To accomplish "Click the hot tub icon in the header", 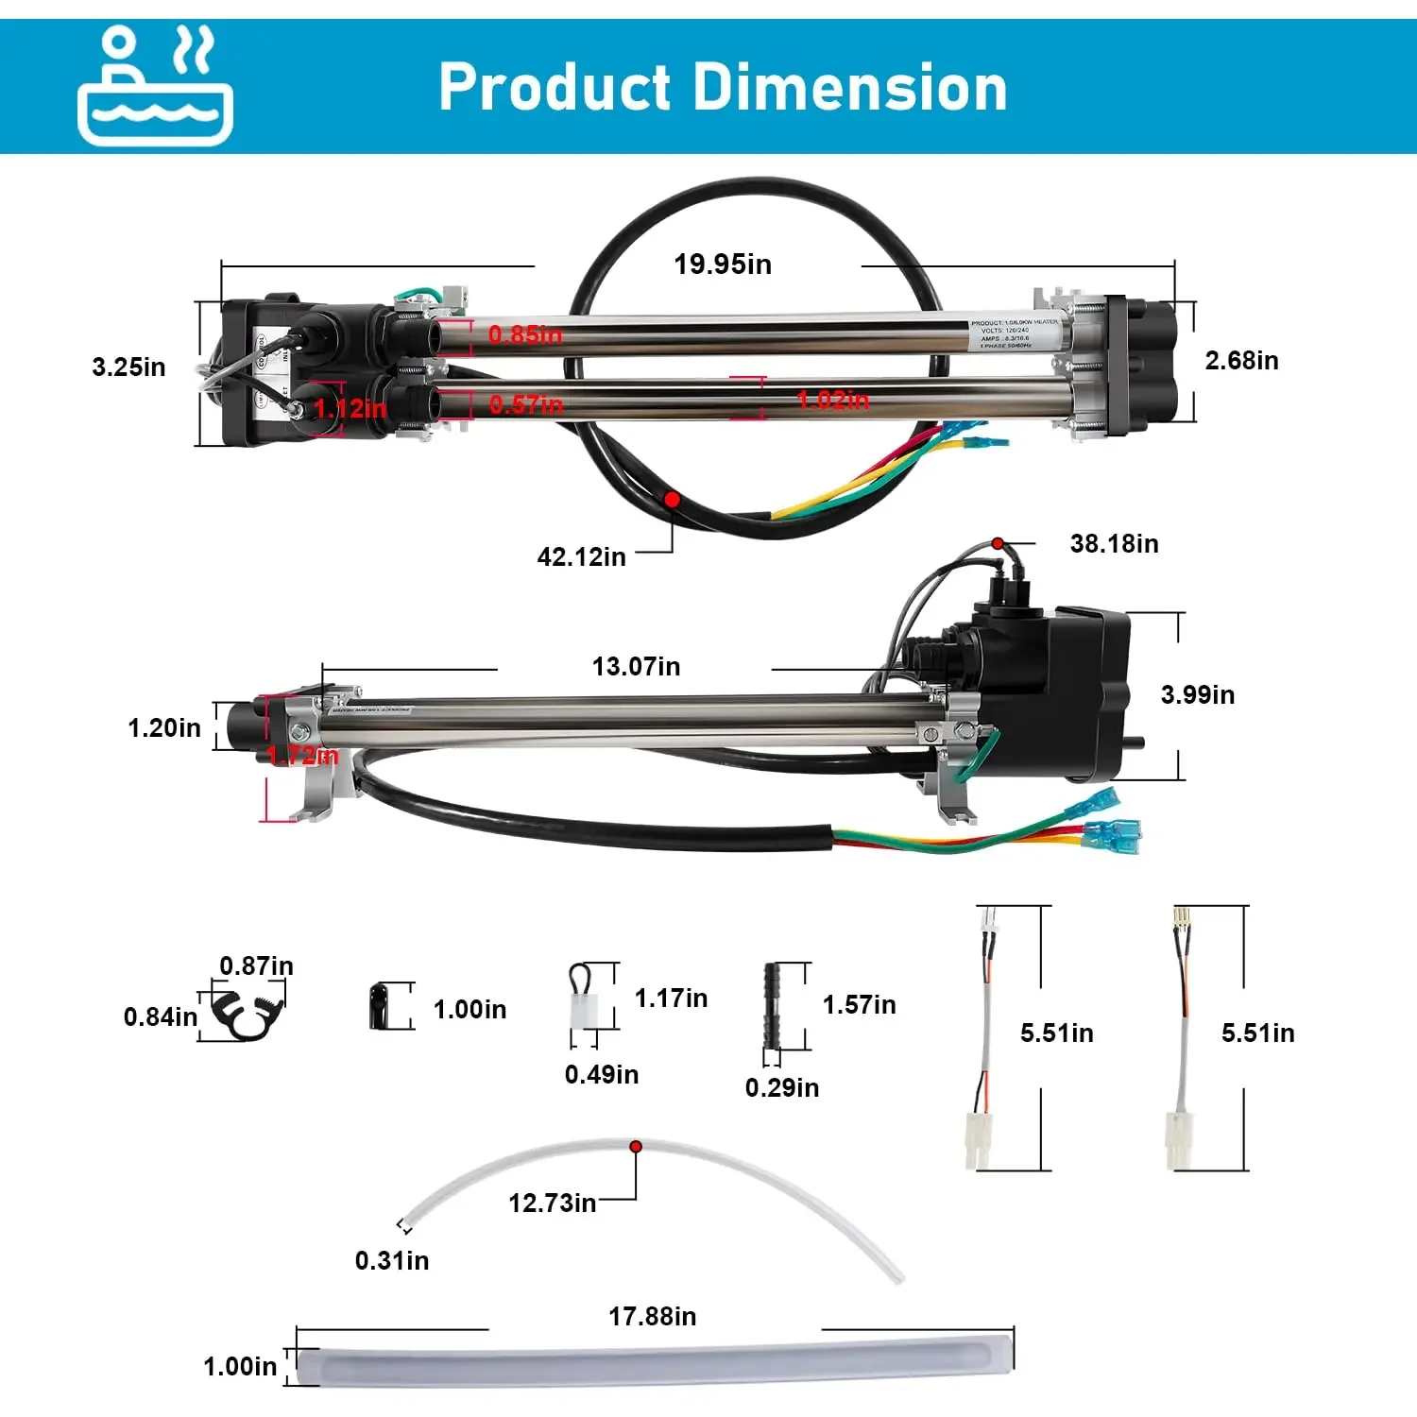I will [155, 86].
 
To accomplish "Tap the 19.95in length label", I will [723, 265].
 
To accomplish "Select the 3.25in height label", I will [128, 367].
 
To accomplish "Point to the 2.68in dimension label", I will [1241, 361].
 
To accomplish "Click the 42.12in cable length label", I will [581, 557].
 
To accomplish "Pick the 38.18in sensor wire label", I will [1114, 544].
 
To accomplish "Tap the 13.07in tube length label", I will [636, 667].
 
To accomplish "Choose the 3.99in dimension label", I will [1197, 695].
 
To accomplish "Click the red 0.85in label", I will [524, 334].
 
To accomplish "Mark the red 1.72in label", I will [302, 756].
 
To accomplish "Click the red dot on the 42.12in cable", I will [672, 498].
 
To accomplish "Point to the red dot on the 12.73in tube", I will [636, 1146].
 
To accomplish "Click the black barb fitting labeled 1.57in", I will [771, 1006].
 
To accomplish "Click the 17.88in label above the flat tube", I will [652, 1317].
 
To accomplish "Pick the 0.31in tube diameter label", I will [391, 1261].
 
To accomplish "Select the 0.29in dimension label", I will [781, 1088].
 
